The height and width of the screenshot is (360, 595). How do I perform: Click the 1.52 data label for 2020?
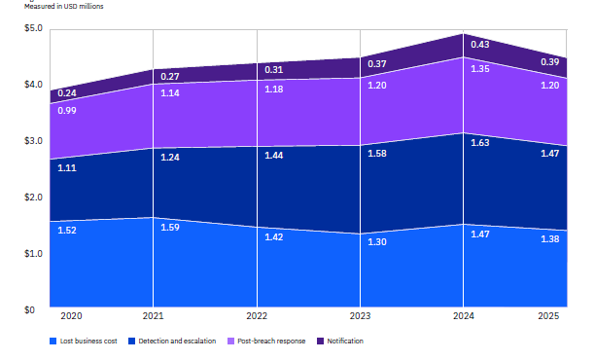click(x=67, y=231)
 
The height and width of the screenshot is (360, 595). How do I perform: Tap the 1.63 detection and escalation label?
click(x=480, y=143)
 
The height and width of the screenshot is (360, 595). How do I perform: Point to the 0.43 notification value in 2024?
click(x=480, y=45)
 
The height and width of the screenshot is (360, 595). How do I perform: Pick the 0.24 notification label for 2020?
click(x=67, y=93)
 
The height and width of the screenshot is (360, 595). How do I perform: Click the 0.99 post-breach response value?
click(x=67, y=113)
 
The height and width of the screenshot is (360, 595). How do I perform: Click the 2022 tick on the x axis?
click(x=257, y=317)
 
